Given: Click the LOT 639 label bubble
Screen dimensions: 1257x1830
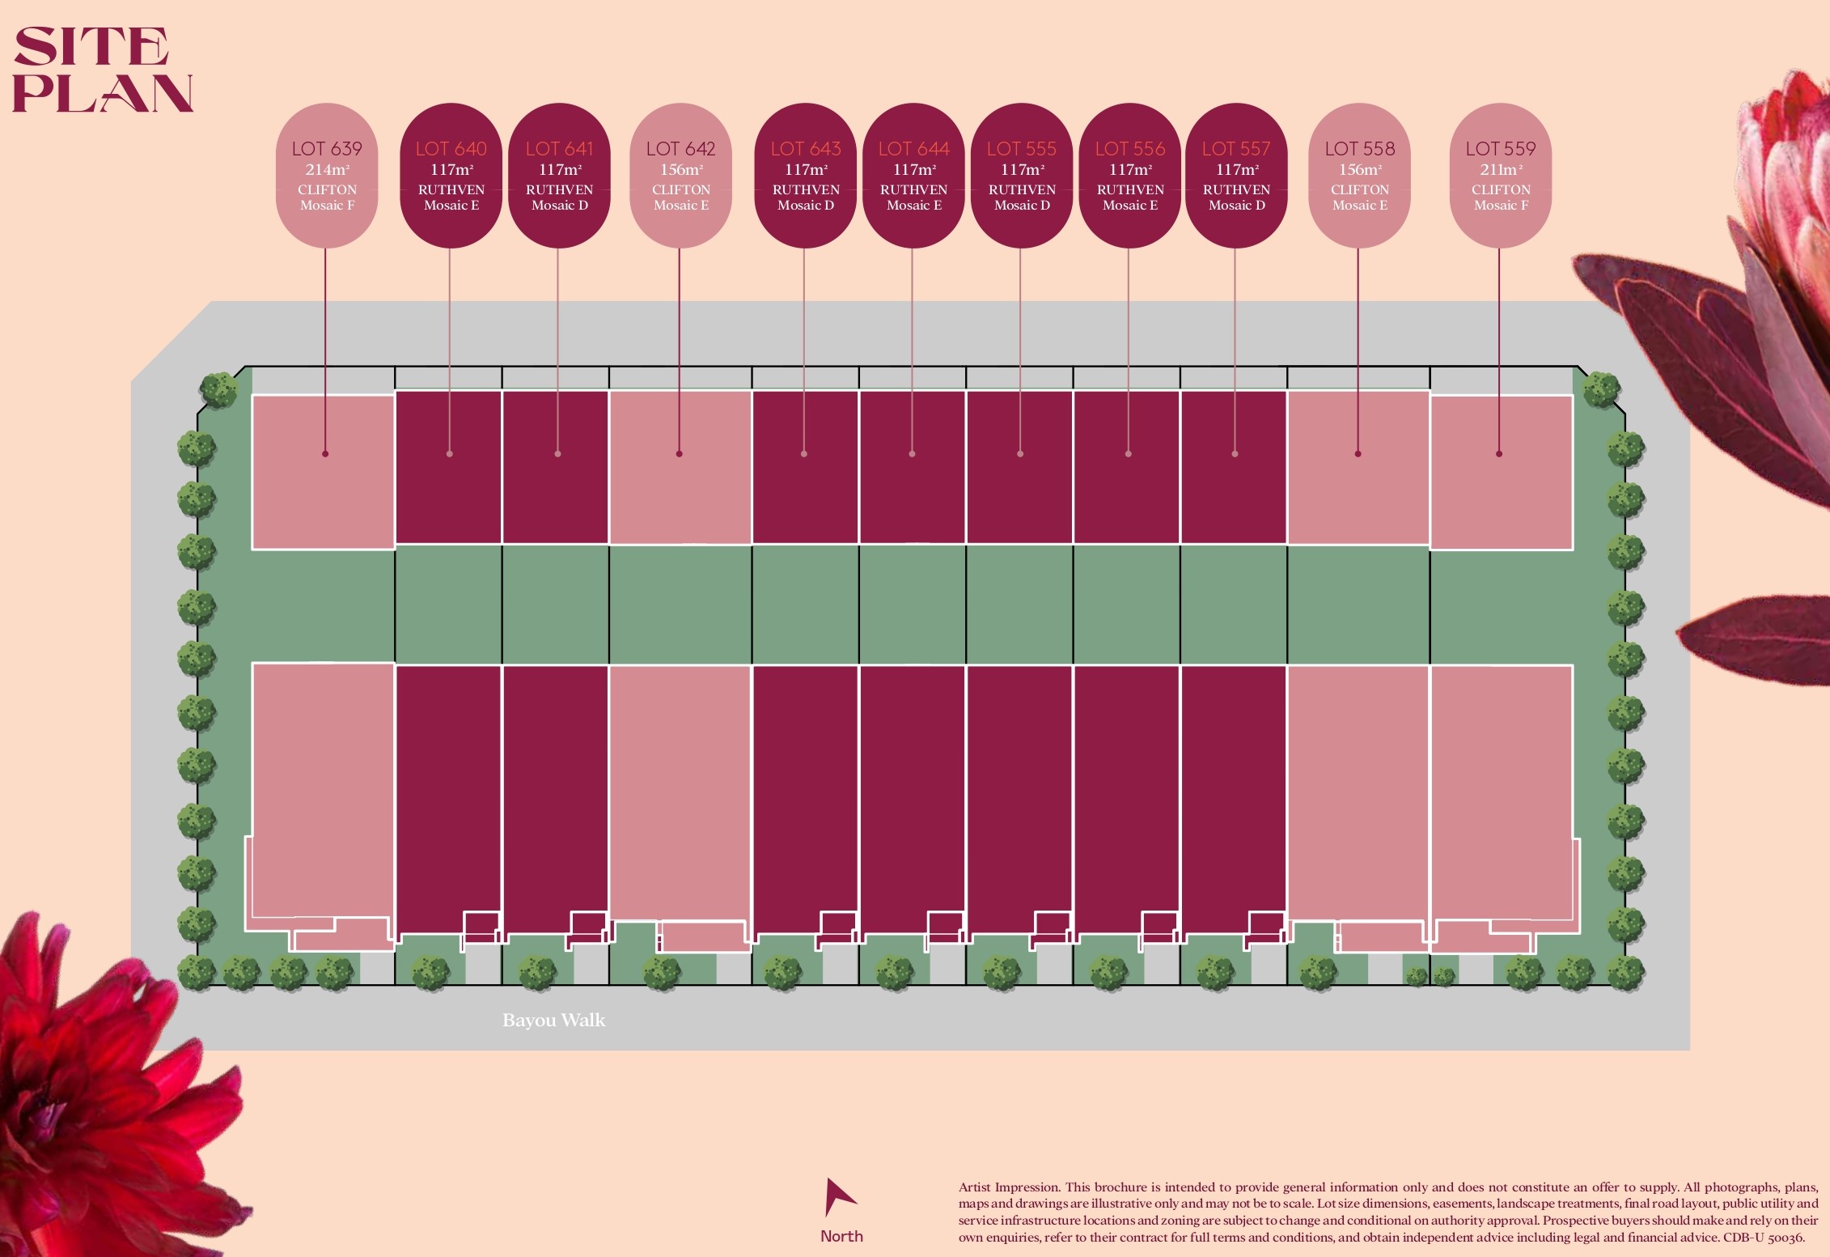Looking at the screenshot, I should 327,175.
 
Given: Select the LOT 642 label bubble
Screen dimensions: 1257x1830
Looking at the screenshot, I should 680,175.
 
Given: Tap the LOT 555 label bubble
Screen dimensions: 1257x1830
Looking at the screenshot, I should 1021,175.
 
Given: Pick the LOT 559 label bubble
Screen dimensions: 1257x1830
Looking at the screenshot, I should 1501,175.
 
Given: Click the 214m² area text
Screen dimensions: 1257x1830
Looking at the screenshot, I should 327,170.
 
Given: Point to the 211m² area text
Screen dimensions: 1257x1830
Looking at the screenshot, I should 1501,170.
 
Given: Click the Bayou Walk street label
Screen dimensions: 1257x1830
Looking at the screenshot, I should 553,1020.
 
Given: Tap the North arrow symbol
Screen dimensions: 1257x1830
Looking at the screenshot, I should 838,1197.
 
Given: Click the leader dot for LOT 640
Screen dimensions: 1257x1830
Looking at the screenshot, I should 450,454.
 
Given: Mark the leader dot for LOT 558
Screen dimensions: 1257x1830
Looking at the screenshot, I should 1358,454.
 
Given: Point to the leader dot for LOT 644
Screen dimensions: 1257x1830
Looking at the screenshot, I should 912,454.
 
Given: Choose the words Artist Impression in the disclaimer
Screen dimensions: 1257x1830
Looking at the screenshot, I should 1008,1187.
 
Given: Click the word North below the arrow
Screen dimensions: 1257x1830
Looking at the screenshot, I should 841,1236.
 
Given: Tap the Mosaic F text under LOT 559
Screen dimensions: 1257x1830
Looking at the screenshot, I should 1501,206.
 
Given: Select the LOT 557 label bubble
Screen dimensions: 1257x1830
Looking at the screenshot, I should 1236,175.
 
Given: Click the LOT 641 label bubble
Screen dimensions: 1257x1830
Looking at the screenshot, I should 559,175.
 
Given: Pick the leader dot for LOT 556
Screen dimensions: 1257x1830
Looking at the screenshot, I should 1129,454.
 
